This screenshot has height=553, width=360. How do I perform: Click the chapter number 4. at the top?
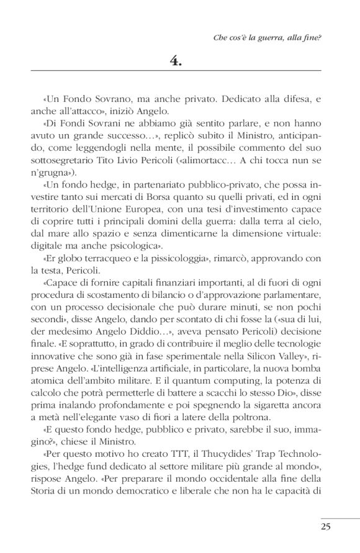pos(179,60)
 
